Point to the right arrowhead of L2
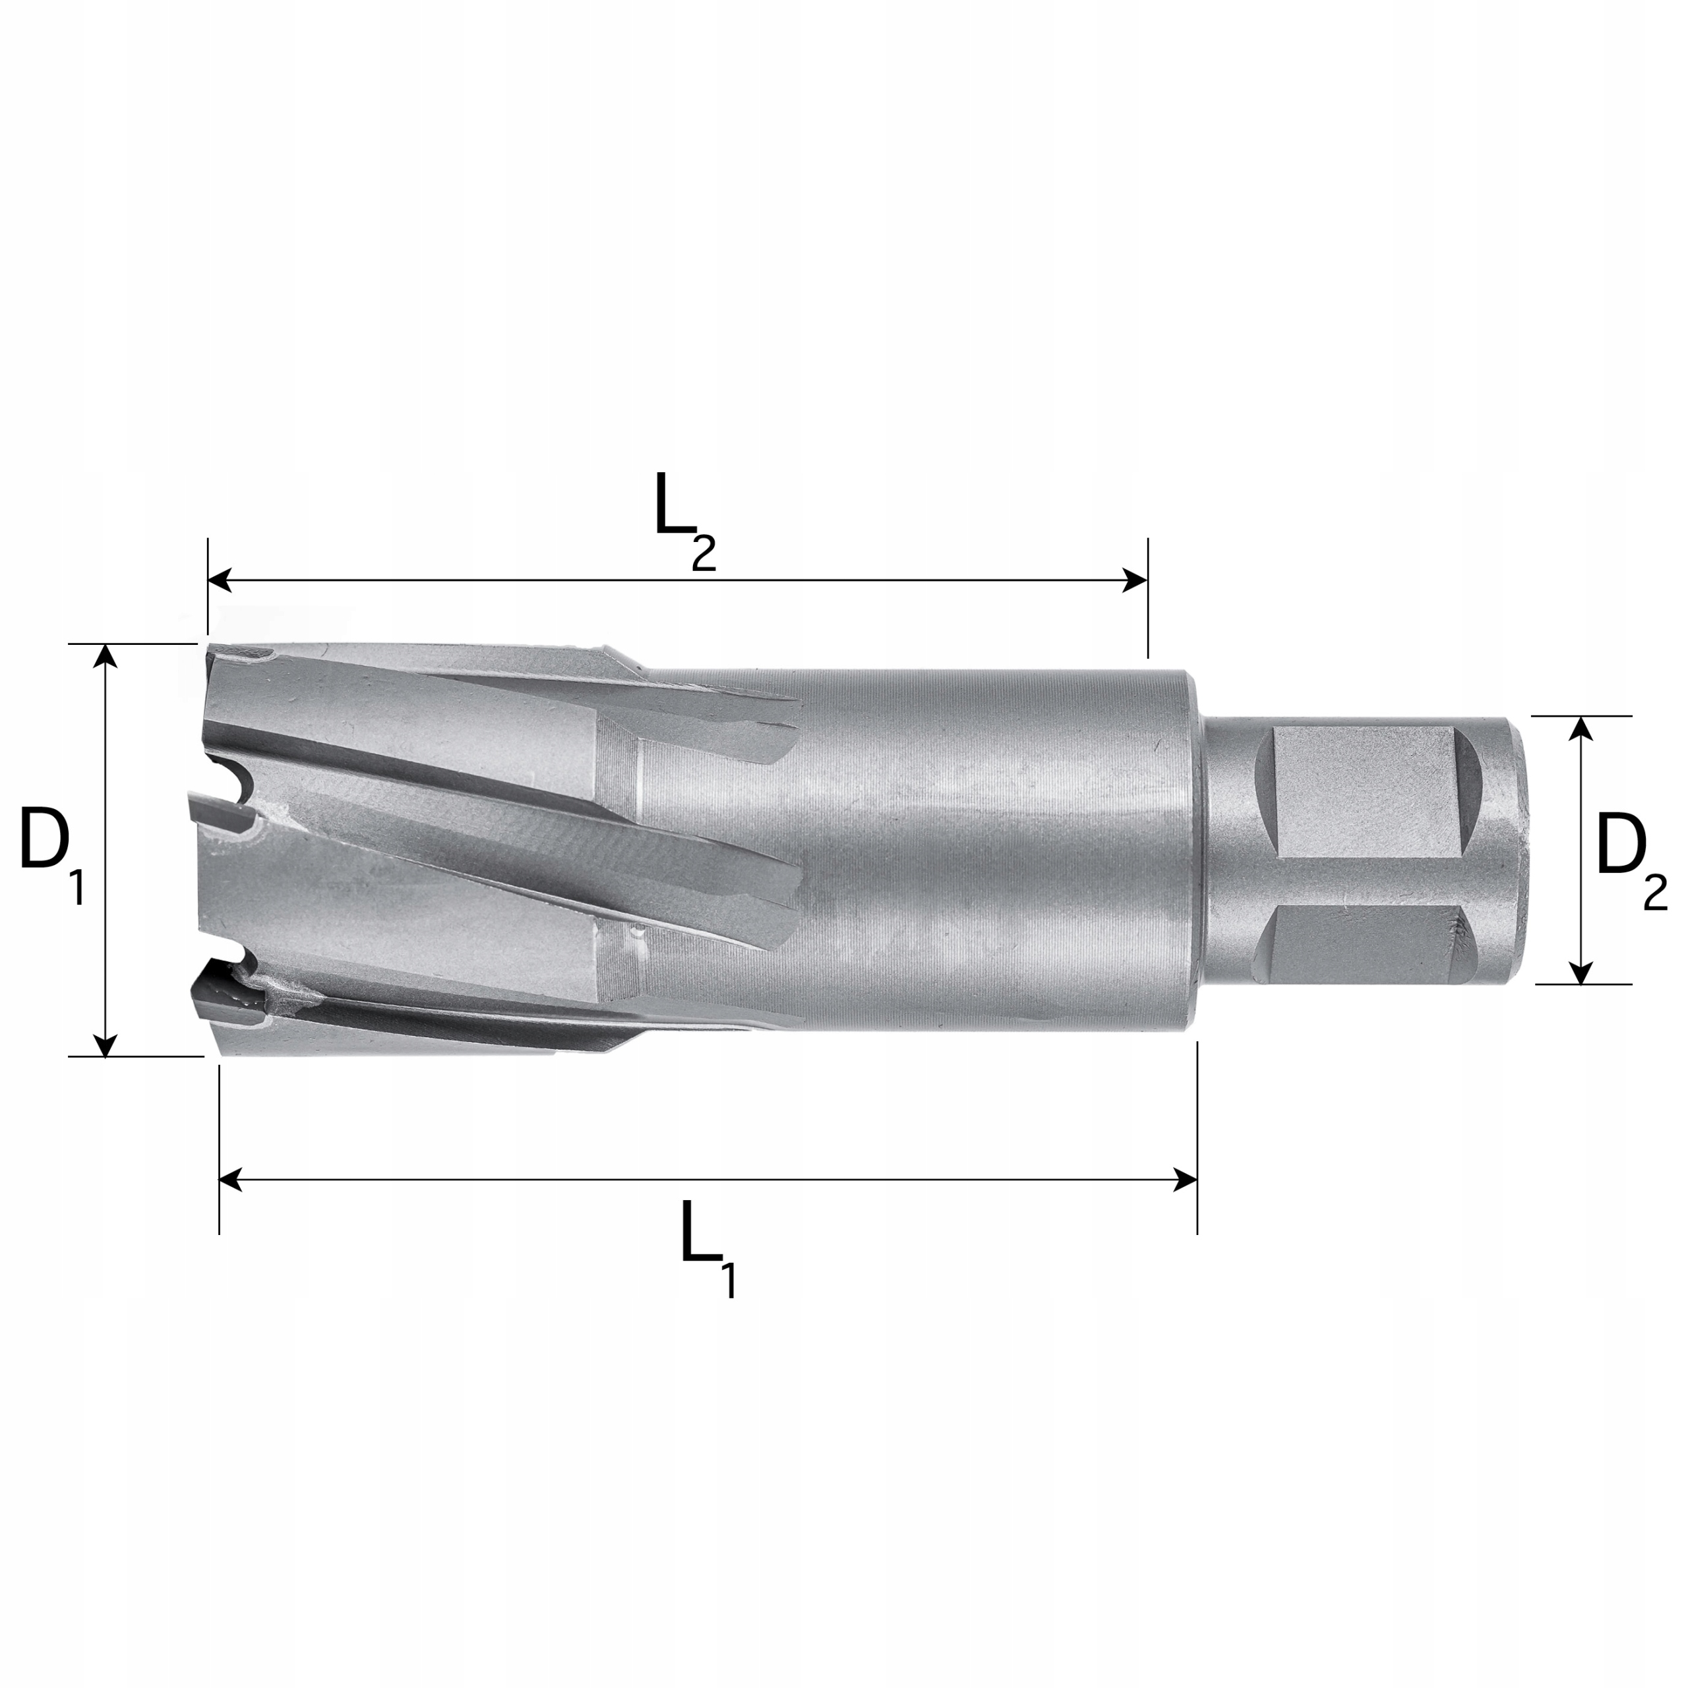click(1136, 580)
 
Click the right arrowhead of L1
click(1186, 1180)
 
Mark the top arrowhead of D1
click(105, 656)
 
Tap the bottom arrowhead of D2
click(1580, 973)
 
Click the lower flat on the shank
click(1363, 944)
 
